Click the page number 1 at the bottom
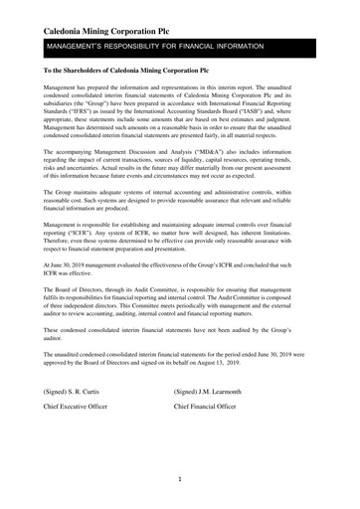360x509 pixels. click(x=179, y=479)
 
